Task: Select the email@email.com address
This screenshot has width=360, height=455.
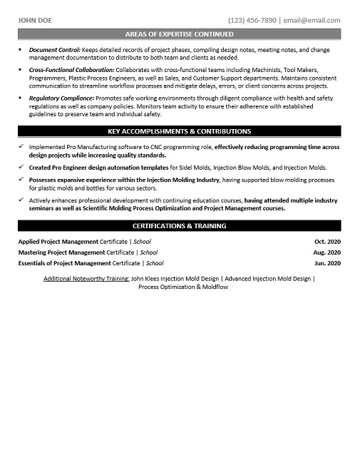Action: click(311, 20)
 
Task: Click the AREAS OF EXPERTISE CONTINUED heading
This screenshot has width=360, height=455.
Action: click(179, 34)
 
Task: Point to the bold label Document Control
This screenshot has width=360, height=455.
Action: click(54, 50)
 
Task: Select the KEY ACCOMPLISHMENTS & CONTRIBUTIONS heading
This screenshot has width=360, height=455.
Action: click(179, 131)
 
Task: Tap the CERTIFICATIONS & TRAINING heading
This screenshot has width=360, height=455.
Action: click(179, 225)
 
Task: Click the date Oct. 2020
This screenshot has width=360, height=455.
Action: click(327, 242)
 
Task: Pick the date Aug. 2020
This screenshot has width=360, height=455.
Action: click(326, 252)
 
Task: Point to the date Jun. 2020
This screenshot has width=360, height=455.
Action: click(327, 263)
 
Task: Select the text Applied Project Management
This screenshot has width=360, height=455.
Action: click(61, 242)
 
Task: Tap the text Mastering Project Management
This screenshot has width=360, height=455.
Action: click(63, 252)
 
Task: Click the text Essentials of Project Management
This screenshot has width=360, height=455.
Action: click(67, 263)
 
